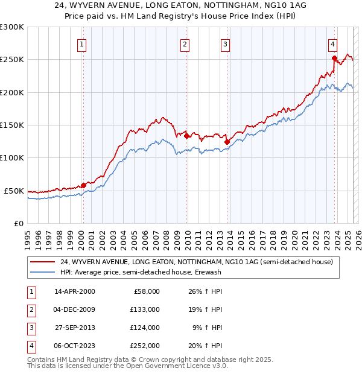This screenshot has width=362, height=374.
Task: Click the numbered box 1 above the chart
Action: [x=81, y=43]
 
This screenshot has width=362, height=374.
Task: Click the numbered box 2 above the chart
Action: [x=184, y=43]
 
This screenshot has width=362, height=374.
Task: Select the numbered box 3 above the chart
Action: [x=224, y=43]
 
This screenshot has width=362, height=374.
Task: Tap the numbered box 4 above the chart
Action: [x=332, y=43]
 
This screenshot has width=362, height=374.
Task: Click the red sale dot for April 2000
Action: [x=83, y=185]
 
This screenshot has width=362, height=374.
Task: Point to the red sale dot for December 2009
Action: [x=186, y=136]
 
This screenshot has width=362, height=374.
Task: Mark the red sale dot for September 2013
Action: [x=227, y=142]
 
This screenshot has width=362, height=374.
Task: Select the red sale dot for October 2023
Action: [x=334, y=58]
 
